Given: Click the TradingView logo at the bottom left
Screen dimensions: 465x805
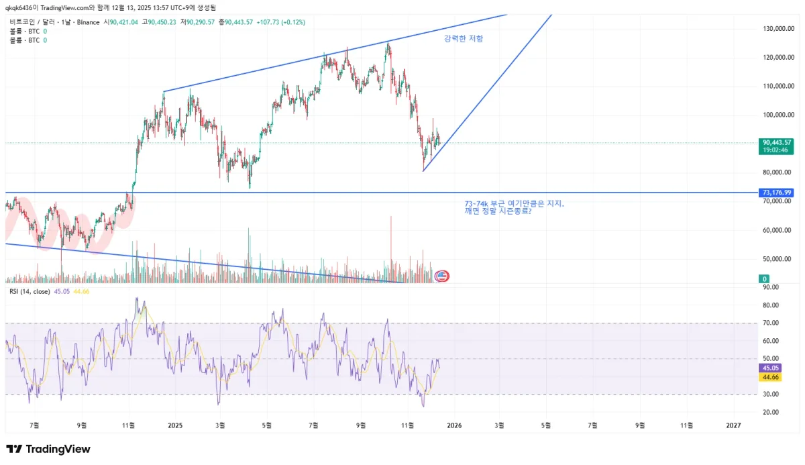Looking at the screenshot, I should coord(48,449).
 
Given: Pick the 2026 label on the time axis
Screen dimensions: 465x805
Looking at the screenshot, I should coord(454,425).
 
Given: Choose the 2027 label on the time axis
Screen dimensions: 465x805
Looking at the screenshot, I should coord(734,425).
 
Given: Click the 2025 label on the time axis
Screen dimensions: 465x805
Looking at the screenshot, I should coord(175,425).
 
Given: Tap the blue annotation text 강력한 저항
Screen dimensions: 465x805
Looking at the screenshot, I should coord(463,39).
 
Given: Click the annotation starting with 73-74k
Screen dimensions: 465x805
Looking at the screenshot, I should coord(514,203).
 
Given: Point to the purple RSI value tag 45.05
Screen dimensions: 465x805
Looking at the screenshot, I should coord(769,368).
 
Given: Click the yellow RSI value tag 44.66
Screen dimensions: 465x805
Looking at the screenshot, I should coord(769,377).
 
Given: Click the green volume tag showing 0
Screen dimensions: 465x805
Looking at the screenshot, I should coord(764,278).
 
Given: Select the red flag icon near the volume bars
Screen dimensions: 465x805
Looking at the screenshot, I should coord(442,275).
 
